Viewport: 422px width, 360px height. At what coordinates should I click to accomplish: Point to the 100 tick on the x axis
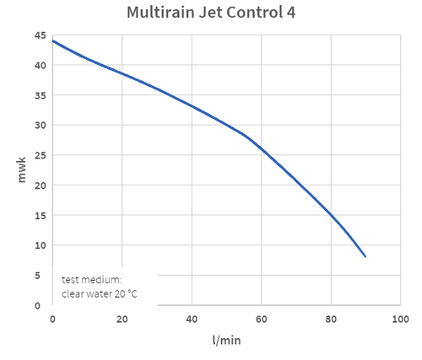click(400, 320)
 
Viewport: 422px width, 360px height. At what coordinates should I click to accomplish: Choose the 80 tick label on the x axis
click(331, 320)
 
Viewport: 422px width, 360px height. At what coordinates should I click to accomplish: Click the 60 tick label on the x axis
click(261, 320)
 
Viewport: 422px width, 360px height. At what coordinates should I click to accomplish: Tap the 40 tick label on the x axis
click(192, 320)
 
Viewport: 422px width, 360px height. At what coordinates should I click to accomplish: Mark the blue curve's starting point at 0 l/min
click(52, 40)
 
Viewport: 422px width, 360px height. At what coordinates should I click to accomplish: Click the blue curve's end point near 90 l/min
click(365, 256)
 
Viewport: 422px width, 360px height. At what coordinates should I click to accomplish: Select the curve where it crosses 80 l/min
click(331, 215)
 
